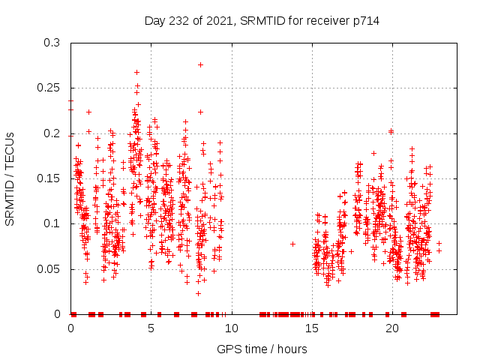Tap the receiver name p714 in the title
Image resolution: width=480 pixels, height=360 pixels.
point(365,21)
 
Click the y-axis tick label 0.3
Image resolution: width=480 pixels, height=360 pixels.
point(52,43)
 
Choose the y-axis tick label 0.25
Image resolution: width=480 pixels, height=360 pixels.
point(49,88)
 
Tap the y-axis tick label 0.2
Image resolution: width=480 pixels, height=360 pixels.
point(52,133)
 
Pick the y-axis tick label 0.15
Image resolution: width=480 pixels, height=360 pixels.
point(49,178)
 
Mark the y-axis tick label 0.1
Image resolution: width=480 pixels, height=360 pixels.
point(52,223)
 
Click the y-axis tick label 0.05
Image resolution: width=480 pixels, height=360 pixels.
point(49,268)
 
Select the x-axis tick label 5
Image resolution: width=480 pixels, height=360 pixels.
point(151,328)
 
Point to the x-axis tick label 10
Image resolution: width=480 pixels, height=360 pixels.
point(231,328)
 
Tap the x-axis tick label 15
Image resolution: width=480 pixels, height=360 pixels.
point(311,328)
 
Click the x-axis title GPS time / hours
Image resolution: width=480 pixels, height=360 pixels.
point(262,349)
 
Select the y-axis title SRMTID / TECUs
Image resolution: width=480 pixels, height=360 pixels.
point(10,178)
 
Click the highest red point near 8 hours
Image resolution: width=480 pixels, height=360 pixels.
point(200,64)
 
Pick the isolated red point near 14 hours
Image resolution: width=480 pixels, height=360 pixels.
point(292,244)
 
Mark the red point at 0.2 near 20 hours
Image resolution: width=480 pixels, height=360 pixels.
point(391,132)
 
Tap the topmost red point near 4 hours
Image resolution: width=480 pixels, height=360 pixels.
point(136,72)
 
